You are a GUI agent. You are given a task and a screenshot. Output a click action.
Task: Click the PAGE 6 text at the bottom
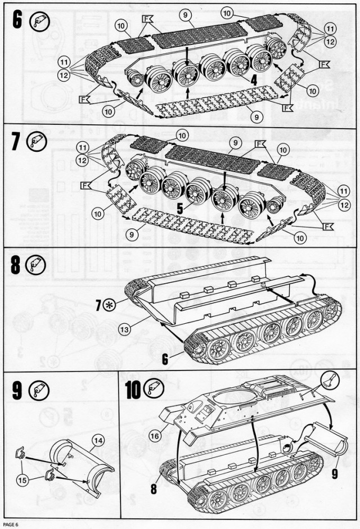(x=11, y=525)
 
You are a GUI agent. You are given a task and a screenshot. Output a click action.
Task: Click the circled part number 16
(x=155, y=434)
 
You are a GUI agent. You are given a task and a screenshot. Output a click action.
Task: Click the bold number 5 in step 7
(x=179, y=207)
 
